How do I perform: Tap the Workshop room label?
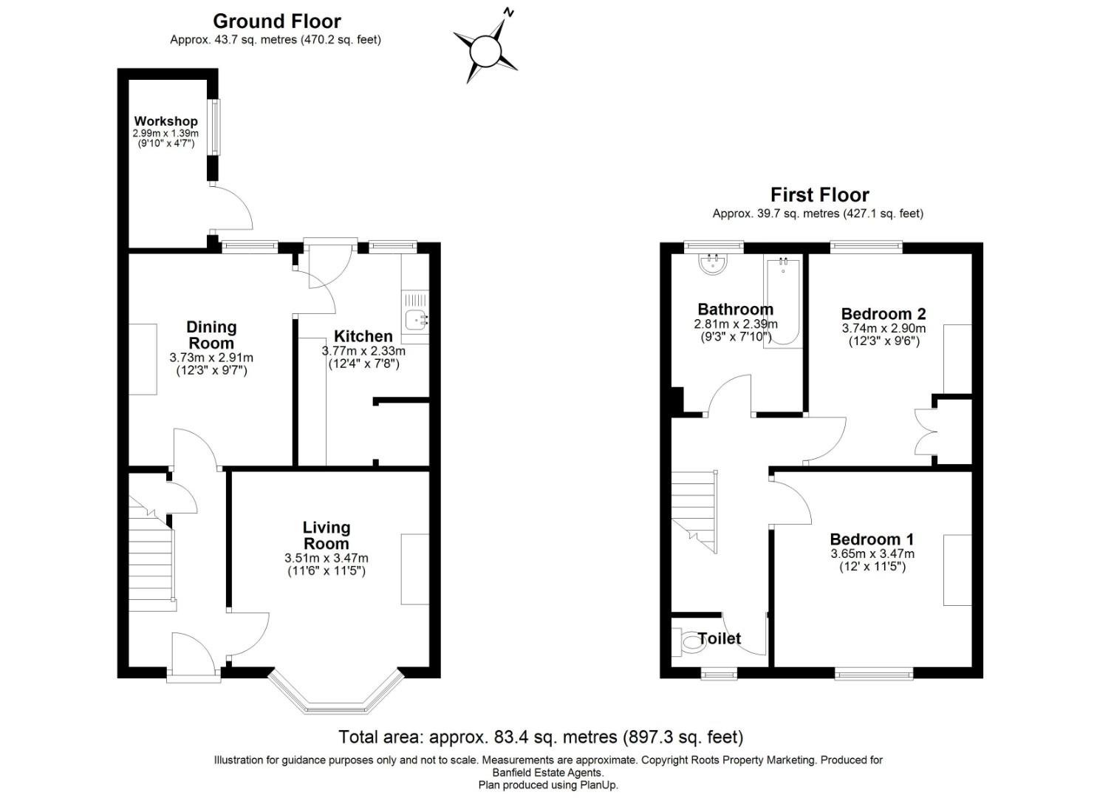(165, 121)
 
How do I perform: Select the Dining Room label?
(211, 335)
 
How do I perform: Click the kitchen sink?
(416, 321)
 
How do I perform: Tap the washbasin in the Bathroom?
(714, 264)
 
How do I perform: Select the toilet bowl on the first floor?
(688, 641)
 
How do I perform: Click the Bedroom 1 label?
(872, 539)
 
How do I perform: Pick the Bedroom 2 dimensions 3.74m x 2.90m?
(884, 329)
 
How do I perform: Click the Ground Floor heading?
(277, 21)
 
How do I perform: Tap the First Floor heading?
(819, 195)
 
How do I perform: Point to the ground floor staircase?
(153, 565)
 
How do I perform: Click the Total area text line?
(540, 737)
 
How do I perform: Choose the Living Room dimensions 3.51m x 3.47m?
(326, 558)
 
